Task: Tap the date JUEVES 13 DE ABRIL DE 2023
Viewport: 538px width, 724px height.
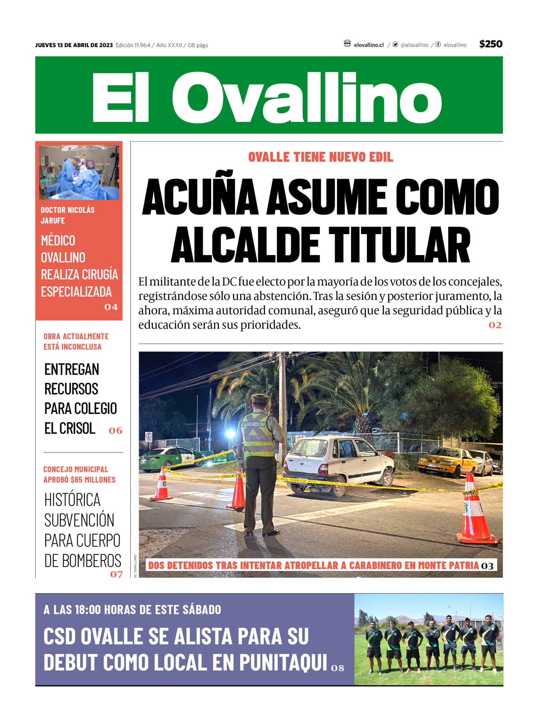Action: [x=74, y=45]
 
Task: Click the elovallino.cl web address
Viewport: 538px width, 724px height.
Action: [x=369, y=45]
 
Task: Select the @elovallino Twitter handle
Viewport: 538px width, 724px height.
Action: [x=414, y=45]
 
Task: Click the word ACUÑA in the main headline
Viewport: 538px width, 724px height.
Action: [x=200, y=197]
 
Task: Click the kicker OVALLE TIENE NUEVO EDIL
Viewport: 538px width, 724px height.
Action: [x=321, y=157]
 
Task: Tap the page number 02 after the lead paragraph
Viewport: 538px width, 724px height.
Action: [x=494, y=325]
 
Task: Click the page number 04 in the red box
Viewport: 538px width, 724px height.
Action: [x=111, y=307]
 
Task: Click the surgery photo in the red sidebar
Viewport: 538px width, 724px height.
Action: [x=79, y=172]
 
